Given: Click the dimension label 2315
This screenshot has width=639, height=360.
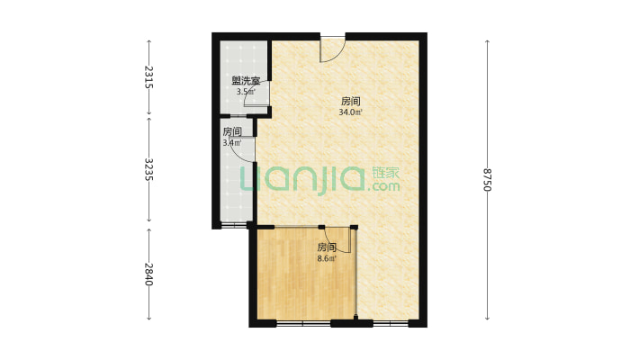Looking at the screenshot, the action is (148, 77).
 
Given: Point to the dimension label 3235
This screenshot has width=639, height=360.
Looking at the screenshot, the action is (148, 170).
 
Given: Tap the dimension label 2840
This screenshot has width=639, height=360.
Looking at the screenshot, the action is (148, 274).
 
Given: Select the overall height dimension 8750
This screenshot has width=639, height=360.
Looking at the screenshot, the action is (488, 179).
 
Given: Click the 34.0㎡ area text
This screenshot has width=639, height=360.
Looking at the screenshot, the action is (350, 112).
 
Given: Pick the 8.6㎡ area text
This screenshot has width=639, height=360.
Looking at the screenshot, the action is (327, 258).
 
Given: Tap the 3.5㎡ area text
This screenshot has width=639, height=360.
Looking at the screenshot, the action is (246, 92).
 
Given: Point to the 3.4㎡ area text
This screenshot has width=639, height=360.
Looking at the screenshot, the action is (232, 143).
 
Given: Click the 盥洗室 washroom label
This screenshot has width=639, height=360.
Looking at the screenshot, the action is (246, 81).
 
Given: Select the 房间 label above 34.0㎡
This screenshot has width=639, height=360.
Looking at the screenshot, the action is (350, 101).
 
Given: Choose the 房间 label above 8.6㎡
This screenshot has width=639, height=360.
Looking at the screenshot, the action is (327, 247).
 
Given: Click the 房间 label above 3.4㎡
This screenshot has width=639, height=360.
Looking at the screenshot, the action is (232, 131).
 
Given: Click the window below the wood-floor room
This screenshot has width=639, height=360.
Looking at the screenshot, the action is (303, 324).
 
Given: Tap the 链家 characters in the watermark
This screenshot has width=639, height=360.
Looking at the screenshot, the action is (385, 173).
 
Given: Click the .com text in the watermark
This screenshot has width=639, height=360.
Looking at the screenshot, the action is (383, 187).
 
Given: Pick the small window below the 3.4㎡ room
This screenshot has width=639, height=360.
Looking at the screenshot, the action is (234, 225).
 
